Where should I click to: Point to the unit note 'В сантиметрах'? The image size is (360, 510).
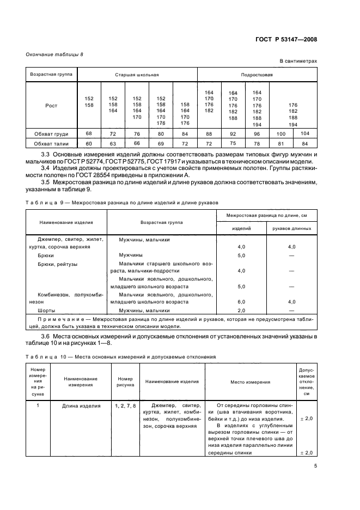tap(298, 62)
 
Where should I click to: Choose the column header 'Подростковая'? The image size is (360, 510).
tap(257, 74)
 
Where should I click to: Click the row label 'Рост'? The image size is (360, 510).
tap(51, 106)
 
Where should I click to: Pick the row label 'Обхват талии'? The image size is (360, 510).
tap(51, 143)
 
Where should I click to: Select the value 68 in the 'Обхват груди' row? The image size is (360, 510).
tap(89, 133)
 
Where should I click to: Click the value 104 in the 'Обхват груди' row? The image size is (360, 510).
tap(304, 133)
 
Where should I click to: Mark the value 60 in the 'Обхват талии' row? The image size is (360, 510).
tap(89, 143)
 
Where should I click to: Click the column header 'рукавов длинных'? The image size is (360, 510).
tap(291, 229)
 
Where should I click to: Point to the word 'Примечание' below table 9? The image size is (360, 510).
tap(55, 319)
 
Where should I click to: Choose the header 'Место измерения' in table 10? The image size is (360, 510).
tap(250, 382)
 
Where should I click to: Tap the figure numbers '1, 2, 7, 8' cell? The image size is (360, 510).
tap(125, 406)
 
